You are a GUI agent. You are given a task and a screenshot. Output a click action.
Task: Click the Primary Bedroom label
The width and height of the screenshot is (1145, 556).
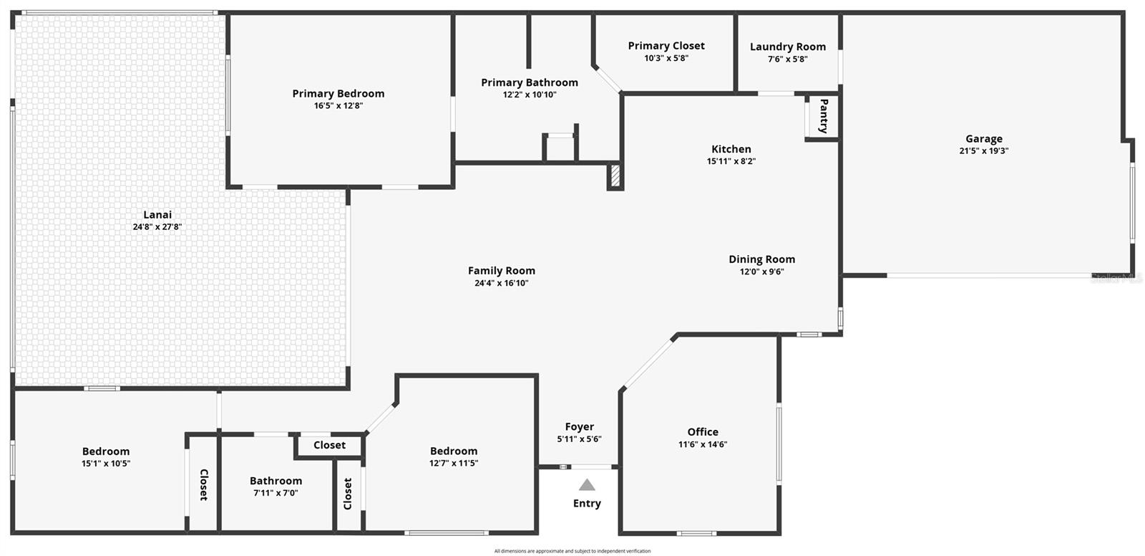pos(338,94)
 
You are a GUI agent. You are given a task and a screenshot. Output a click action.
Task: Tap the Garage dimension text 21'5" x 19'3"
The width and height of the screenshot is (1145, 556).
pos(984,150)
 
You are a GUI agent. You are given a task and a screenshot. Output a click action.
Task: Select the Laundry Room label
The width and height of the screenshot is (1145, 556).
pos(788,47)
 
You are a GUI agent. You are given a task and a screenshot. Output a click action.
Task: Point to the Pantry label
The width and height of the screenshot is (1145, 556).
pos(824,116)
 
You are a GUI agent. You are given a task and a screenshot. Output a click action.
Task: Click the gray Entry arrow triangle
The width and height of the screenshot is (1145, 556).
pos(587,485)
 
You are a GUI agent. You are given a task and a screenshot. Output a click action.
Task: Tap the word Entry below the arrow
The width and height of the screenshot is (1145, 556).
pos(587,503)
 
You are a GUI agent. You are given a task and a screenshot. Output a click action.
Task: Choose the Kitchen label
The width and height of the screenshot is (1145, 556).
pos(731,149)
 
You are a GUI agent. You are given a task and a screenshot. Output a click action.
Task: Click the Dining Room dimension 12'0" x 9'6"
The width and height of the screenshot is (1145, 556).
pos(761,272)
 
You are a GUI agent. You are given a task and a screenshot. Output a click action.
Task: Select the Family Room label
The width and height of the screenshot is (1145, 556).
pos(502,270)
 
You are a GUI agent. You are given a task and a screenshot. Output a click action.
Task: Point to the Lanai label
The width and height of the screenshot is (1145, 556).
pos(157,214)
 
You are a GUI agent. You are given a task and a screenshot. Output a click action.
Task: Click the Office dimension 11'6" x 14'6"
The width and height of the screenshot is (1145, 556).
pos(703,444)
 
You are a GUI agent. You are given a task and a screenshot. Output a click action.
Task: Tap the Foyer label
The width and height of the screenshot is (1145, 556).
pos(579,427)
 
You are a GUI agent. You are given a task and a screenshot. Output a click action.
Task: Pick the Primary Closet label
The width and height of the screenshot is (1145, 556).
pos(666,46)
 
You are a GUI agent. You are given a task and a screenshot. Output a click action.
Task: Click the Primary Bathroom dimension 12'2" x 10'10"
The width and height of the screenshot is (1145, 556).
pos(530,94)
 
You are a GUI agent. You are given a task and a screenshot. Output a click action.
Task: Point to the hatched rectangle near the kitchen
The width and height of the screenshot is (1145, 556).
pos(615,176)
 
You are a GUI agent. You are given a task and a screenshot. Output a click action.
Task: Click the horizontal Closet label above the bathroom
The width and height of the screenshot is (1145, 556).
pos(330,445)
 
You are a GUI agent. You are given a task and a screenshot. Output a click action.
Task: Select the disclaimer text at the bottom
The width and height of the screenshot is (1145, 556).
pos(572,551)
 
